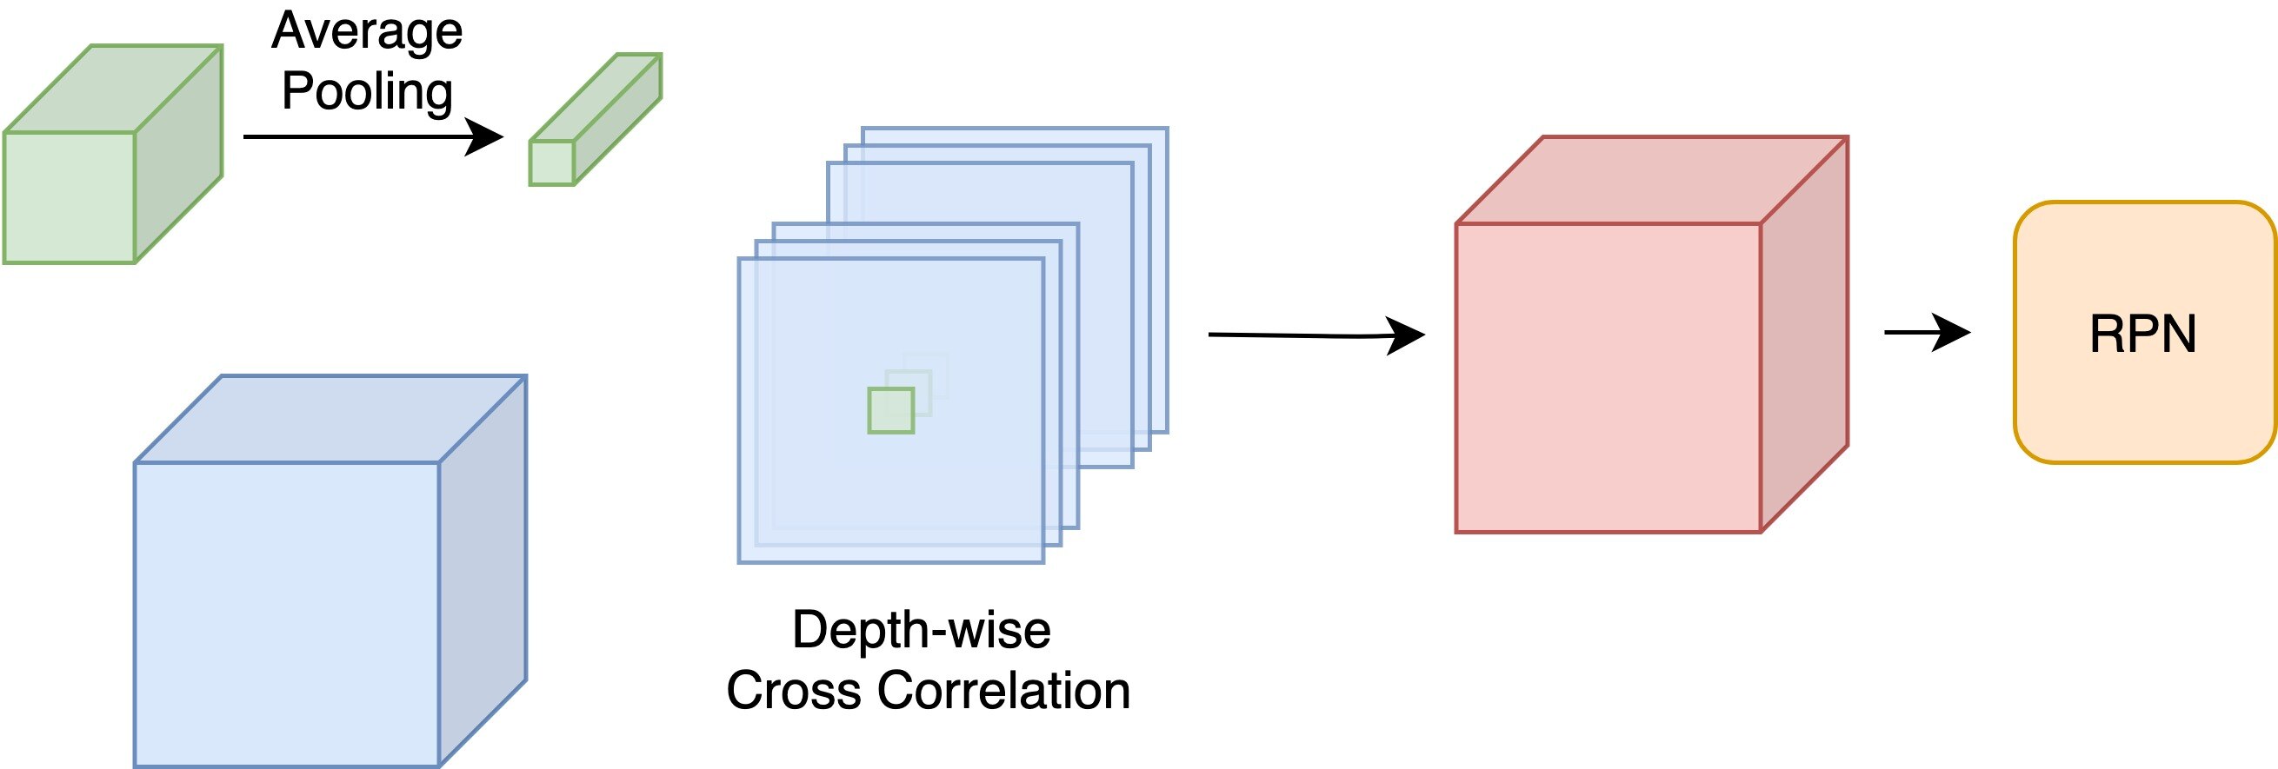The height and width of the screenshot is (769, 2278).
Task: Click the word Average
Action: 367,33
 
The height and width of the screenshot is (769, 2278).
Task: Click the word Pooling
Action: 367,92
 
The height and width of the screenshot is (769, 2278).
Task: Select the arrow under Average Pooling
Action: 371,137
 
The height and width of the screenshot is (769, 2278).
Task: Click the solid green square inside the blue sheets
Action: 890,410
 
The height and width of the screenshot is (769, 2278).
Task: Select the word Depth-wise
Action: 922,630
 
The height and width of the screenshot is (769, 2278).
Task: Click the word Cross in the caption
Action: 793,690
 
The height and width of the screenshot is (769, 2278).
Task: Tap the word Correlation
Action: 1002,690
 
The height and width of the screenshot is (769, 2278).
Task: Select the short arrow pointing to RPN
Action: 1927,332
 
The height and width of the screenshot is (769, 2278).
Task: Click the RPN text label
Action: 2142,335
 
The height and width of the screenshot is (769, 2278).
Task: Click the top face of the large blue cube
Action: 330,419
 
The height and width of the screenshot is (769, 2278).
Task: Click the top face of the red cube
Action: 1652,181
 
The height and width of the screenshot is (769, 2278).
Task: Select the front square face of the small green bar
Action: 552,162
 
